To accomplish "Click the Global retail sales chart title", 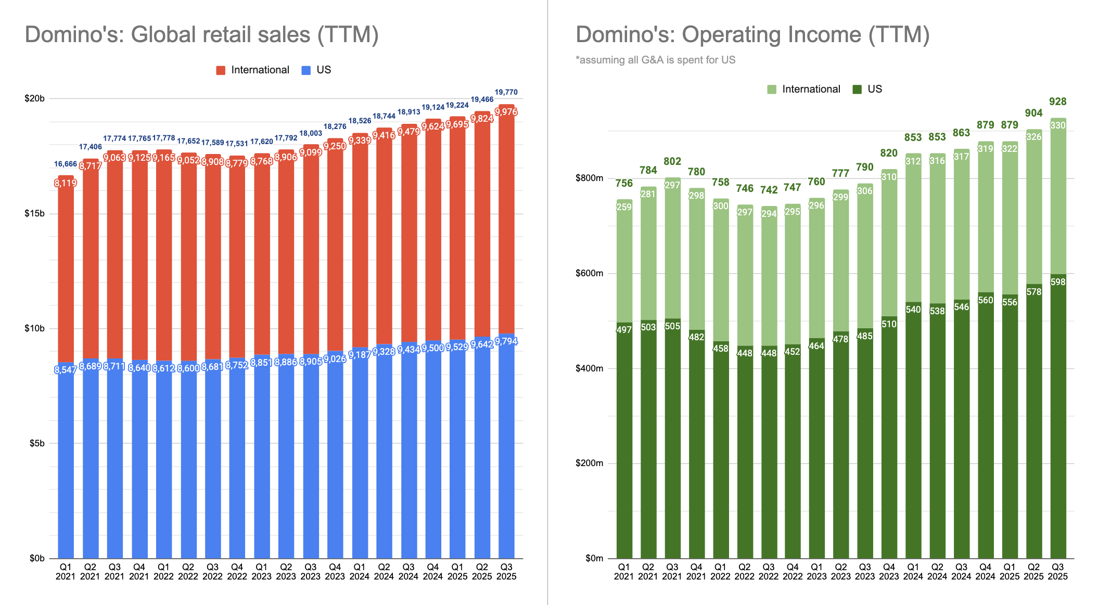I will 202,35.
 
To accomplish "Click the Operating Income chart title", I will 752,35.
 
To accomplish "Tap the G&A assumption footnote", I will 656,60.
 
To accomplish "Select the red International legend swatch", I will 221,70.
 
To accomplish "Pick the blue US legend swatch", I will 306,70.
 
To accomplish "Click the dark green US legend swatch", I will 857,89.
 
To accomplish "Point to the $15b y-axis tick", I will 34,214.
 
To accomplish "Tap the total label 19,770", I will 506,92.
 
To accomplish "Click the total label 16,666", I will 66,164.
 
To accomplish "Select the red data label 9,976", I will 506,112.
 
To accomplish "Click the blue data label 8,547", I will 66,370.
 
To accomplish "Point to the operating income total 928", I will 1057,101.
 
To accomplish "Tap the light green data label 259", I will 624,207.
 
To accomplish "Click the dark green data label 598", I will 1058,282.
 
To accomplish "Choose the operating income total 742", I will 769,190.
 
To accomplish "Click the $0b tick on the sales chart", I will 37,558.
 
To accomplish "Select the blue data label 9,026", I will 335,359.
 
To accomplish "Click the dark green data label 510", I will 889,324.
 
